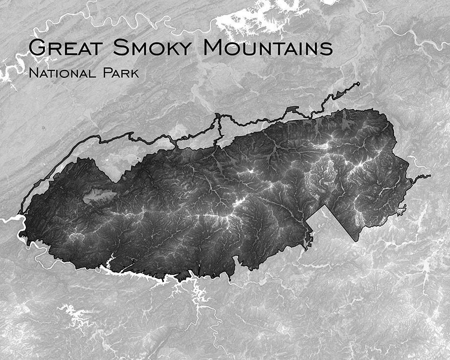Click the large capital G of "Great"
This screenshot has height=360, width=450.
pyautogui.click(x=37, y=47)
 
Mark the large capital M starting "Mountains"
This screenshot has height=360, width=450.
pyautogui.click(x=214, y=47)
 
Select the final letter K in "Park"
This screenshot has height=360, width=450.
pyautogui.click(x=135, y=74)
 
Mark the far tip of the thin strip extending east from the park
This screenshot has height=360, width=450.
pyautogui.click(x=429, y=176)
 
